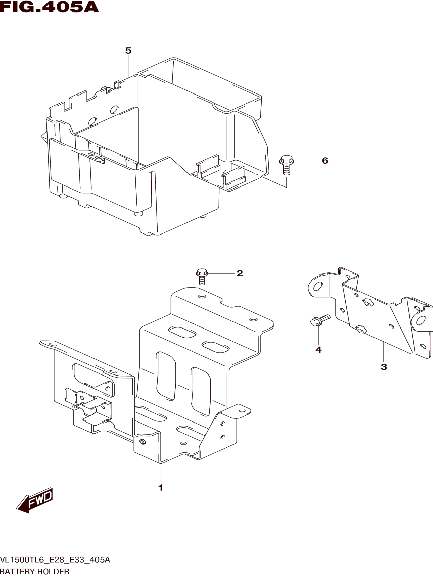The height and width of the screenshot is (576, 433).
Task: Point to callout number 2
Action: [x=240, y=273]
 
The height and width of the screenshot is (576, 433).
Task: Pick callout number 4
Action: [x=318, y=350]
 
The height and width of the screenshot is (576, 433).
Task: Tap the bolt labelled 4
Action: [x=320, y=320]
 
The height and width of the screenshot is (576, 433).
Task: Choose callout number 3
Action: [x=384, y=367]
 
